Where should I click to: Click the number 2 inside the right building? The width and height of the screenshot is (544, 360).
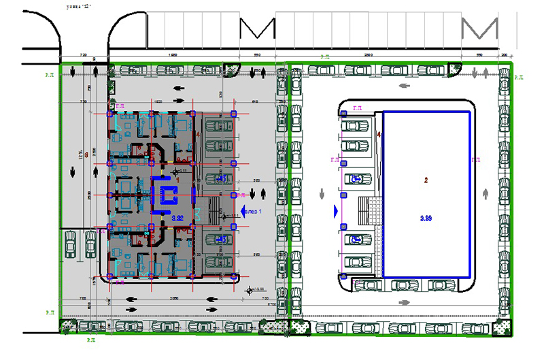[426, 180]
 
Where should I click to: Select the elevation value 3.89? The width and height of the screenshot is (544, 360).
[426, 218]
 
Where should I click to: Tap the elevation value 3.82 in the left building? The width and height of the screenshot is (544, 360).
[178, 218]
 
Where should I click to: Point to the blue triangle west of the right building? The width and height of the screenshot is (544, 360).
[336, 212]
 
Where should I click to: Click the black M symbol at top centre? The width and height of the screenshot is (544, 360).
[258, 29]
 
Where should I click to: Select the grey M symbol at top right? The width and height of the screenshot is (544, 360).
[479, 29]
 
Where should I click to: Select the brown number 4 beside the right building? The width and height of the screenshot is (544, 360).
[379, 135]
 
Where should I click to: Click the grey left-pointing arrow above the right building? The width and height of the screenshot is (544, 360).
[405, 87]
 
